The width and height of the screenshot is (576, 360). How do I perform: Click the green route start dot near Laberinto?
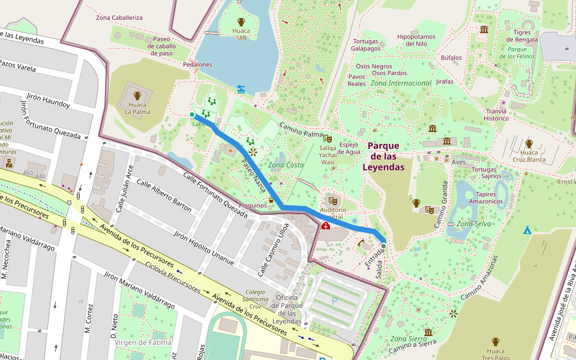pos(192,115)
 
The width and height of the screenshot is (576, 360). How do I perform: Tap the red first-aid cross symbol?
pos(325,226)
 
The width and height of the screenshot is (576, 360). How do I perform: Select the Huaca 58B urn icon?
pos(241,22)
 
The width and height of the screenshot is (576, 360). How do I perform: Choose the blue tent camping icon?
pos(527,230)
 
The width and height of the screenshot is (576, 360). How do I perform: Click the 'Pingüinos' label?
pos(253,205)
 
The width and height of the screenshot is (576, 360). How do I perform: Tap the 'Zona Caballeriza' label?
pos(119,17)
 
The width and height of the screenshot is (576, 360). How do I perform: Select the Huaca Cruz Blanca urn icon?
pos(529,143)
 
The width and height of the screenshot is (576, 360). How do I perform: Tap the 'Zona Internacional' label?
pos(401,83)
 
